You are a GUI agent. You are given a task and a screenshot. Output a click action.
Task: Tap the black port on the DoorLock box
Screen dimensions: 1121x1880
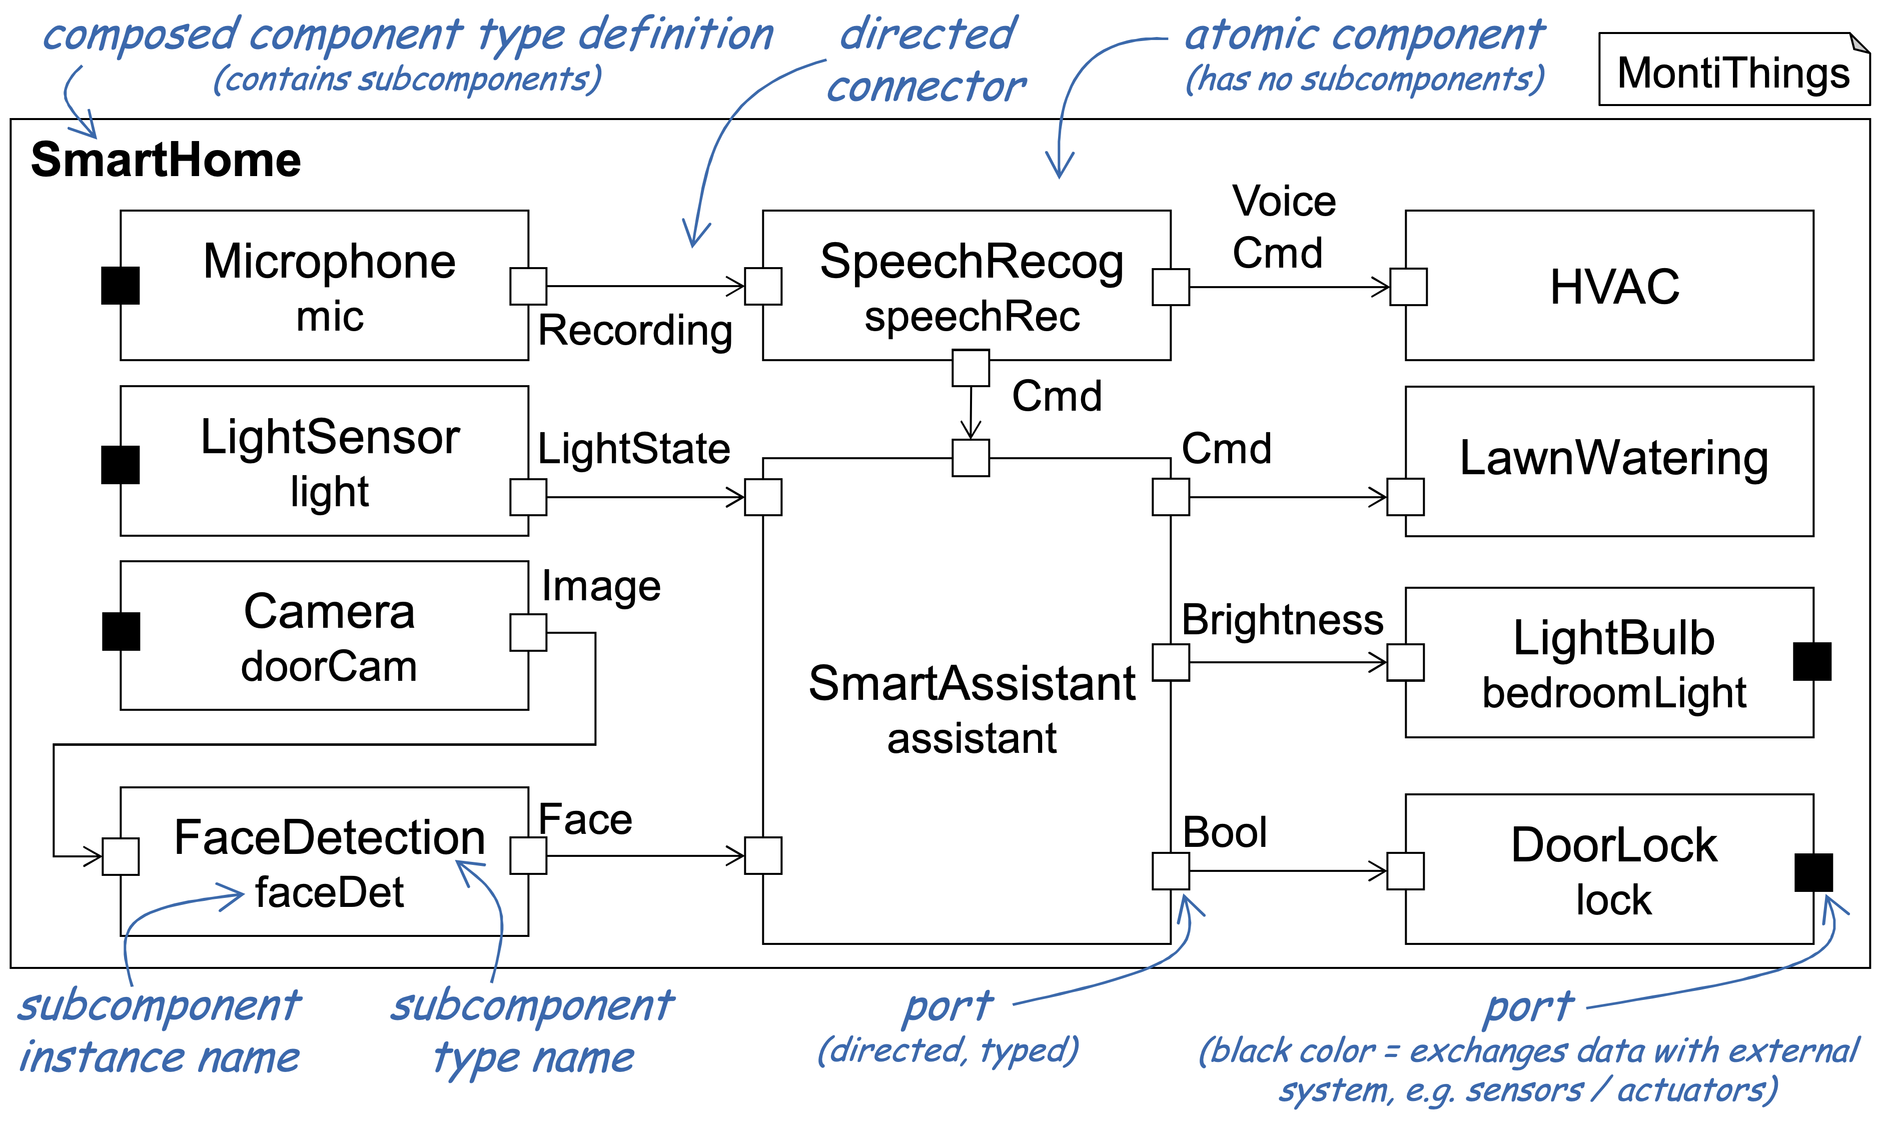pyautogui.click(x=1813, y=872)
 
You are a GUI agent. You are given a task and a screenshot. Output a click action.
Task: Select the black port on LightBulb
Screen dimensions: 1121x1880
pyautogui.click(x=1812, y=662)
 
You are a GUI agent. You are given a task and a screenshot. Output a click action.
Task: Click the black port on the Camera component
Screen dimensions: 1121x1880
pyautogui.click(x=121, y=631)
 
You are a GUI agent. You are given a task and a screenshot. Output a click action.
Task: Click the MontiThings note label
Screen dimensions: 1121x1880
pyautogui.click(x=1733, y=73)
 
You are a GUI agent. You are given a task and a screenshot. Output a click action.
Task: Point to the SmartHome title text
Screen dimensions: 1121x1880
pyautogui.click(x=166, y=160)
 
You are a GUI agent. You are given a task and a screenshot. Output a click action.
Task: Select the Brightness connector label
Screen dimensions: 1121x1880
pyautogui.click(x=1283, y=620)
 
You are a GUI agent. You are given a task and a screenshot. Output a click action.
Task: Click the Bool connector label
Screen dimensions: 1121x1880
pyautogui.click(x=1224, y=832)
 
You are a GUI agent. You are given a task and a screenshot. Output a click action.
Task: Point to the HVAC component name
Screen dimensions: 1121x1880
pyautogui.click(x=1615, y=287)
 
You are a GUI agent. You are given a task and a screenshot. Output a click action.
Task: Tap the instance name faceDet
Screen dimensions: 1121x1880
pyautogui.click(x=329, y=893)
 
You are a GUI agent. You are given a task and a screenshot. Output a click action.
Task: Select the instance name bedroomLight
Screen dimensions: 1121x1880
pyautogui.click(x=1614, y=693)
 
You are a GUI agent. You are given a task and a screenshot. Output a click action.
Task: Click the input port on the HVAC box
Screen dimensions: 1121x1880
pyautogui.click(x=1409, y=287)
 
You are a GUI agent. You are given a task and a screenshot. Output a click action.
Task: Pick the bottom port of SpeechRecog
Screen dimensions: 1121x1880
pyautogui.click(x=971, y=368)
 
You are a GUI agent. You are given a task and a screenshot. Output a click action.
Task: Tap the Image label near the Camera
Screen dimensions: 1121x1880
pyautogui.click(x=601, y=586)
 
